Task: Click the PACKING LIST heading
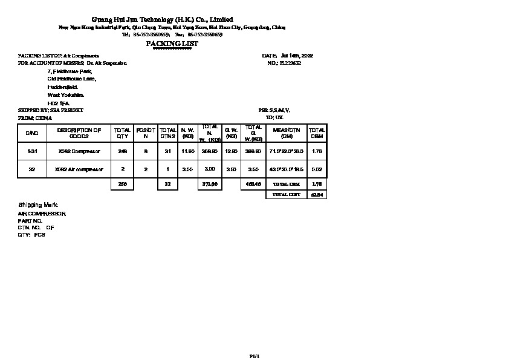(172, 44)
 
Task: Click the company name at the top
(162, 19)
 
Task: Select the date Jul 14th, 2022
(297, 56)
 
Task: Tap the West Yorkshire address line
(66, 95)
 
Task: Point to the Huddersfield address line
(63, 87)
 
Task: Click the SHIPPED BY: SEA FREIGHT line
(51, 110)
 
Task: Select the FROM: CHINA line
(35, 118)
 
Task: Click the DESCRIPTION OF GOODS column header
(79, 133)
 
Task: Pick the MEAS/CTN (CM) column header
(287, 133)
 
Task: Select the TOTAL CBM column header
(317, 133)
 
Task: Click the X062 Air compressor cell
(79, 169)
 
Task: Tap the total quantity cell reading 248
(123, 151)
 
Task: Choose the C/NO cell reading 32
(32, 169)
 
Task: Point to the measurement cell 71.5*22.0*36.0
(287, 151)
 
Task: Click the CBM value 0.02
(317, 169)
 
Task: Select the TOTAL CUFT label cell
(287, 195)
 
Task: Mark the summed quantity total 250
(123, 184)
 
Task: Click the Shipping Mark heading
(38, 206)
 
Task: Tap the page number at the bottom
(254, 356)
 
